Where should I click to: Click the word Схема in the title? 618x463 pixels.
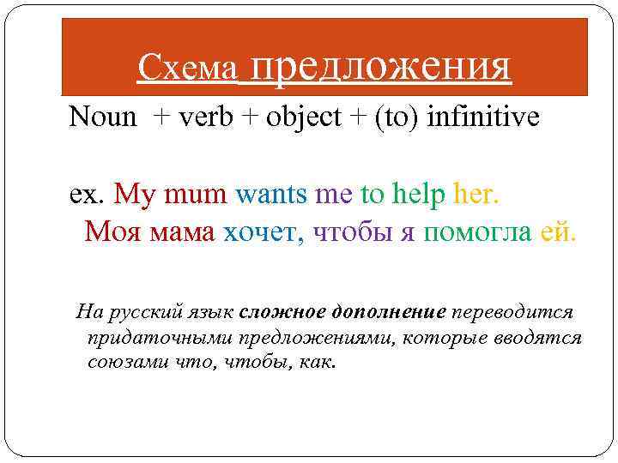186,69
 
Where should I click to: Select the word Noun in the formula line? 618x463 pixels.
103,117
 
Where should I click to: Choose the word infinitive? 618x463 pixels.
483,117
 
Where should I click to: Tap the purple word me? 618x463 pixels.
334,195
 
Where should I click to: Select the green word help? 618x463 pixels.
416,195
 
